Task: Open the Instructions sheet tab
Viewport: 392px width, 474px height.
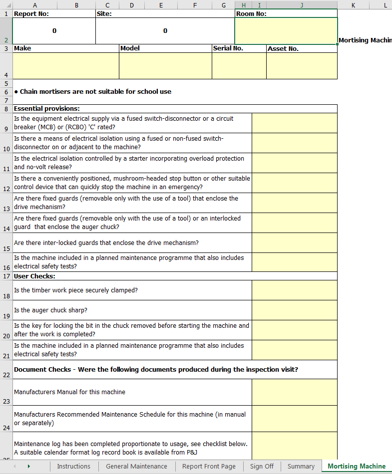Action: point(73,466)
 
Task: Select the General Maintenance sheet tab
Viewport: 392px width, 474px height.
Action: point(136,466)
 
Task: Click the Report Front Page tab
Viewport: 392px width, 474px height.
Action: point(209,466)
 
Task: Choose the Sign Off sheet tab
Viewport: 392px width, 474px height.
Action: point(262,466)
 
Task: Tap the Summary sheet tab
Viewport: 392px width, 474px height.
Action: point(301,466)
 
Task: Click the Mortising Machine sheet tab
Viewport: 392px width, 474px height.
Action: point(357,466)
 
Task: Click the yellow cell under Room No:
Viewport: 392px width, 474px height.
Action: point(286,31)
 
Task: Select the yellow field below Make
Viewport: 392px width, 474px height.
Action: point(65,66)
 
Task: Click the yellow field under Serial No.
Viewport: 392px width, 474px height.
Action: point(239,66)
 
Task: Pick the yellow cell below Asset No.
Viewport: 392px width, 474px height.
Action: point(302,66)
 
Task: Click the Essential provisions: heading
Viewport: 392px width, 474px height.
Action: point(47,108)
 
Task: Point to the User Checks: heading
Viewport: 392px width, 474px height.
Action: point(34,276)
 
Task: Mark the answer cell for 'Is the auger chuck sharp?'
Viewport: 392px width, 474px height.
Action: point(294,310)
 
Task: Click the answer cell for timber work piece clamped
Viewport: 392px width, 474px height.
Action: point(294,290)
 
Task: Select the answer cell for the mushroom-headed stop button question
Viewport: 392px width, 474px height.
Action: point(294,183)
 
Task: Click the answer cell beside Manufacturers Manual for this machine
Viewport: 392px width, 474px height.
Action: point(294,392)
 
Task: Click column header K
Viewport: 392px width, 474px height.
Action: point(353,5)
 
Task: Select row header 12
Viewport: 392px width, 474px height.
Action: point(6,189)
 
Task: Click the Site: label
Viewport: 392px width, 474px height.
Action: point(104,14)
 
